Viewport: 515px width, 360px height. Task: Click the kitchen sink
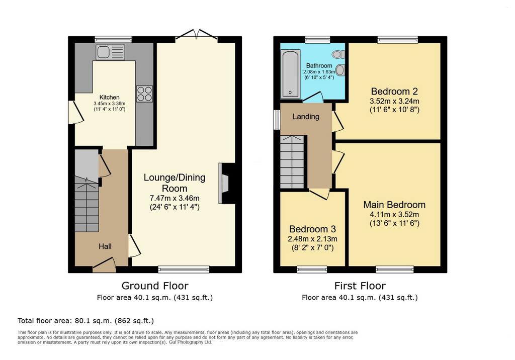coord(110,52)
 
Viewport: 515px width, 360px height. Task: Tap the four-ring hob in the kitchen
coord(144,94)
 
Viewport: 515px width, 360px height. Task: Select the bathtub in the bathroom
coord(290,73)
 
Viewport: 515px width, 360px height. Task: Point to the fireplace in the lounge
coord(224,184)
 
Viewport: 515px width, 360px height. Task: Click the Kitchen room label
coord(109,97)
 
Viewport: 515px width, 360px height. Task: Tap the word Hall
coord(105,246)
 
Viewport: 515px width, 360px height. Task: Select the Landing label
coord(306,117)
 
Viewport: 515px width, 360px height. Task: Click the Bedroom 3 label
coord(312,229)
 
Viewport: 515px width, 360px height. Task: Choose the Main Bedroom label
coord(394,205)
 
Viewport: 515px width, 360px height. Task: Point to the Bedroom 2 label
coord(394,91)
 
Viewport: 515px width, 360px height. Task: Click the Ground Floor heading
coord(155,286)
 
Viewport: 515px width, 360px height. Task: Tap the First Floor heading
coord(360,286)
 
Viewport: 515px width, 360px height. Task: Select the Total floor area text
coord(85,321)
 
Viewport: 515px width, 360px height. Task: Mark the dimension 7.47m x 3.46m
coord(175,198)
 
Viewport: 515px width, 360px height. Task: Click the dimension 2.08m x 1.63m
coord(319,71)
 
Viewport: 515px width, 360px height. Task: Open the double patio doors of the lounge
coord(197,35)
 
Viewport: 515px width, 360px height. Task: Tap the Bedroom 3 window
coord(312,269)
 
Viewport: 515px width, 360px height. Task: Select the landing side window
coord(277,118)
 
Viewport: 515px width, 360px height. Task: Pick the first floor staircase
coord(292,162)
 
